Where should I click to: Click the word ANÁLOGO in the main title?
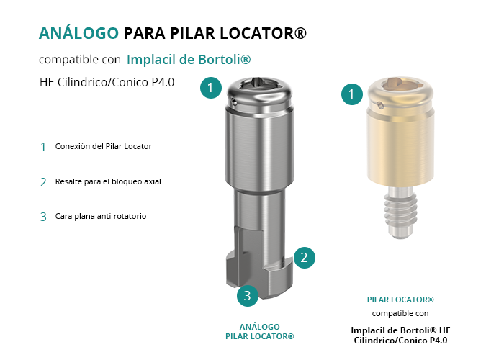[x=78, y=32]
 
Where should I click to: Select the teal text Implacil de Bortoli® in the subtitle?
[x=189, y=60]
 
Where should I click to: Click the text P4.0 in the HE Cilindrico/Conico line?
[x=163, y=82]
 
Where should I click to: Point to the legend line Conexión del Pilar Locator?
[x=104, y=146]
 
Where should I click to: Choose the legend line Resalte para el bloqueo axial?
[x=108, y=181]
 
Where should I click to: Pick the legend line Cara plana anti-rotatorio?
[x=101, y=216]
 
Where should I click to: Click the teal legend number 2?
[x=43, y=182]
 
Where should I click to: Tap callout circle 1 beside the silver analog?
[x=211, y=88]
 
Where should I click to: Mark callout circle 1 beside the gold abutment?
[x=352, y=94]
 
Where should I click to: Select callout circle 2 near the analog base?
[x=304, y=258]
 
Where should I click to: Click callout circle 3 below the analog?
[x=248, y=295]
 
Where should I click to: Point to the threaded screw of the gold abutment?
[x=400, y=212]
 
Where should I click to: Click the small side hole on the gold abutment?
[x=381, y=105]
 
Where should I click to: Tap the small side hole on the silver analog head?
[x=235, y=103]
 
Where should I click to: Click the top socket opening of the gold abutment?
[x=400, y=84]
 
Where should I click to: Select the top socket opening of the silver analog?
[x=260, y=84]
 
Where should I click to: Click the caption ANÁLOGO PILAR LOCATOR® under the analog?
[x=260, y=332]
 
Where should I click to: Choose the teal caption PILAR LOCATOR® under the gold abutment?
[x=400, y=300]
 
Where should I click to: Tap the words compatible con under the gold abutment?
[x=400, y=313]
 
